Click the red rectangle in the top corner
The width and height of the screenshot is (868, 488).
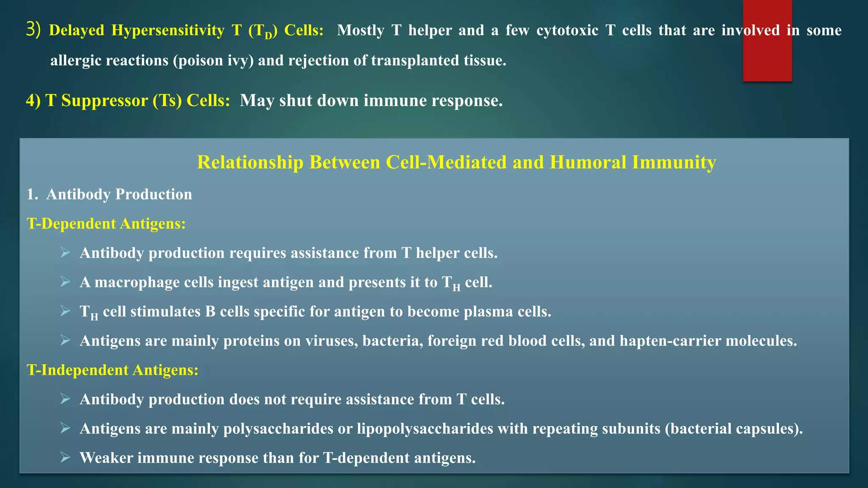tap(767, 41)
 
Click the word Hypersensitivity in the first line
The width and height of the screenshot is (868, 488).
tap(168, 30)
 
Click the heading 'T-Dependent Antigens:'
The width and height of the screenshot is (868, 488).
tap(106, 224)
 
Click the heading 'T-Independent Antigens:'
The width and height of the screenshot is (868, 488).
tap(113, 370)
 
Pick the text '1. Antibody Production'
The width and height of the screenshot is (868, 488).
tap(109, 194)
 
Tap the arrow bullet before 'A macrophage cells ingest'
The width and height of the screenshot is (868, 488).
tap(65, 282)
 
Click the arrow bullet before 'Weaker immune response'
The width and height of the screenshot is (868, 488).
tap(65, 457)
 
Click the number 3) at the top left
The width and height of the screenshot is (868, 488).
tap(33, 30)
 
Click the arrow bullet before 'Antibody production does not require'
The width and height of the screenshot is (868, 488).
tap(65, 399)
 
